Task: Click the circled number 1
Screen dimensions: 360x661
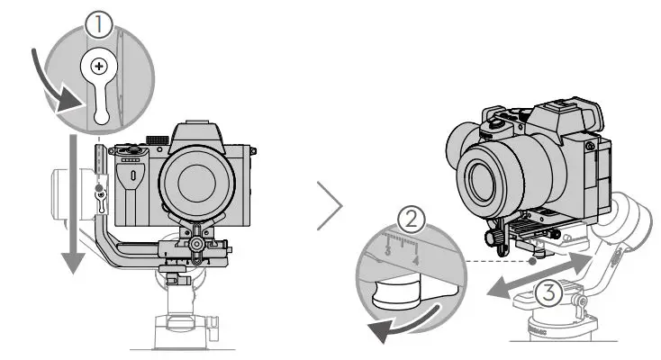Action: pos(98,25)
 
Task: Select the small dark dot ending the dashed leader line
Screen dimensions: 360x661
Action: pos(535,262)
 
